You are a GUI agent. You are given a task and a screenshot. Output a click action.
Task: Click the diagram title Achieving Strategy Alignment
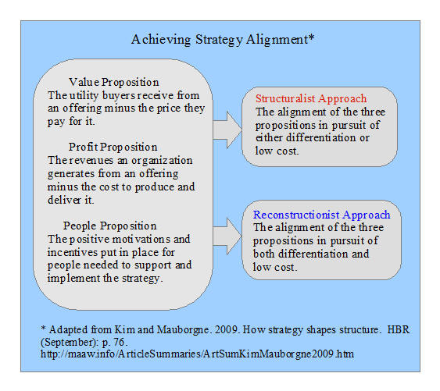point(223,40)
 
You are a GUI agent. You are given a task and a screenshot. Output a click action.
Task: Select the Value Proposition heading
point(114,82)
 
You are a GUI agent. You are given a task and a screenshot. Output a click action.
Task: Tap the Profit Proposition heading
point(113,147)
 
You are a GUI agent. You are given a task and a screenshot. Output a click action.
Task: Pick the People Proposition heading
point(109,226)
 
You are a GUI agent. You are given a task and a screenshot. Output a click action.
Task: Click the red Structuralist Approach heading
point(311,98)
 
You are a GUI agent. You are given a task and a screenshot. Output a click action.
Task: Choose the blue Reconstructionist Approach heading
point(321,215)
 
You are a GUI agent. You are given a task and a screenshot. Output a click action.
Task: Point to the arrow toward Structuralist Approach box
point(227,130)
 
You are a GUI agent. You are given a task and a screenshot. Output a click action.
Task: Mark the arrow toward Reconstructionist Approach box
point(227,236)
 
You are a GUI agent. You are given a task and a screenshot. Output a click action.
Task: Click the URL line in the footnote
point(197,354)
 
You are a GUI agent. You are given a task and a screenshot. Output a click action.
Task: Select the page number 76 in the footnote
point(120,342)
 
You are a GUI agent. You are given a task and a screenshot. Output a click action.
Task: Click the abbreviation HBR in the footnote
point(399,329)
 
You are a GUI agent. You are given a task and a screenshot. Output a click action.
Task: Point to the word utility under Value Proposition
point(84,95)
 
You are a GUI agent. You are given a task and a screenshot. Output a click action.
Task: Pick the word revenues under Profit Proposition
point(91,161)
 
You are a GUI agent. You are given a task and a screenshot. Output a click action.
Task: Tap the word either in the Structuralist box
point(269,137)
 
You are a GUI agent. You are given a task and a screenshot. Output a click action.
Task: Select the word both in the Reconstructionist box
point(264,254)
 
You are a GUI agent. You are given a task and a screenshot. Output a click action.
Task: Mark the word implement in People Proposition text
point(73,279)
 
